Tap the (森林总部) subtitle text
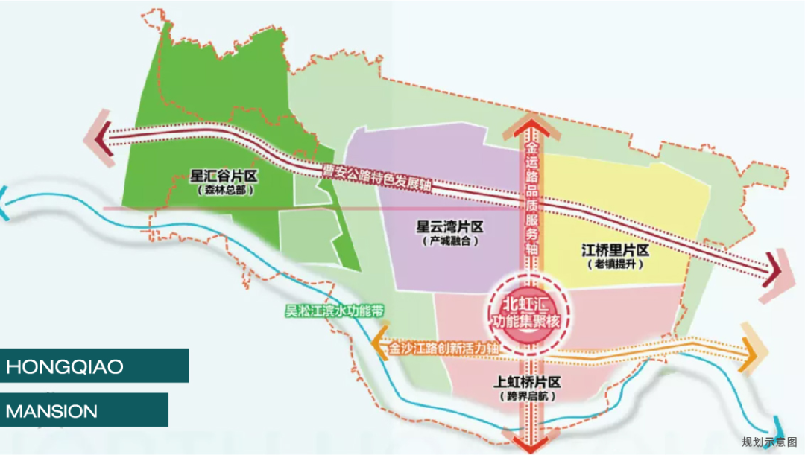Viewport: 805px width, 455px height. tap(228, 191)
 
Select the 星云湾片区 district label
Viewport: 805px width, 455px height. tap(450, 226)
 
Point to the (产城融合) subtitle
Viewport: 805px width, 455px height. tap(450, 241)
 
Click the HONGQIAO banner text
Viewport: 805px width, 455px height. tap(65, 367)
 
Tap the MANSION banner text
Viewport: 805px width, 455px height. tap(52, 410)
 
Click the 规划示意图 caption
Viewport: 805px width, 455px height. tap(769, 442)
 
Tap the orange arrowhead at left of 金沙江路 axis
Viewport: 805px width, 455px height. tap(379, 344)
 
